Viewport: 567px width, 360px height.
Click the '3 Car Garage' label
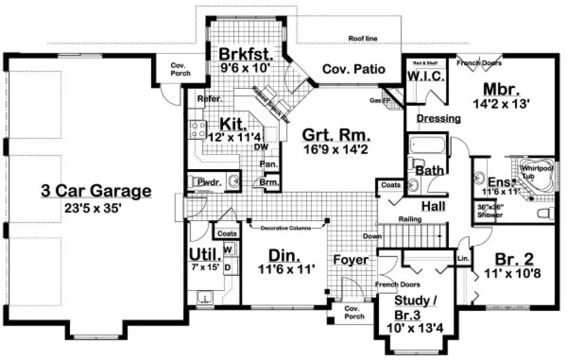click(95, 191)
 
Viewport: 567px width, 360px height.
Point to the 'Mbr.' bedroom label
click(501, 88)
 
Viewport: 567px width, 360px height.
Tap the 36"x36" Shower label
click(489, 211)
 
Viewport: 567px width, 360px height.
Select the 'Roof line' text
click(362, 38)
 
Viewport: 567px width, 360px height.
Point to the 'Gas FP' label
click(378, 101)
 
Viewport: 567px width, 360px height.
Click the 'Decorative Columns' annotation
click(285, 228)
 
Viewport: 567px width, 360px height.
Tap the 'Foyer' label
click(351, 260)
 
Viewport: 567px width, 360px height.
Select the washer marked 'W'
click(228, 249)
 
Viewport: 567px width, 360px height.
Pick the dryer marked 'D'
click(228, 267)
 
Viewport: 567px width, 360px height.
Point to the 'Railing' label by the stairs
click(411, 219)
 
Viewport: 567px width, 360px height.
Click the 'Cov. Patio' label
click(354, 69)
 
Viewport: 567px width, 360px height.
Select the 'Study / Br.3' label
click(415, 307)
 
